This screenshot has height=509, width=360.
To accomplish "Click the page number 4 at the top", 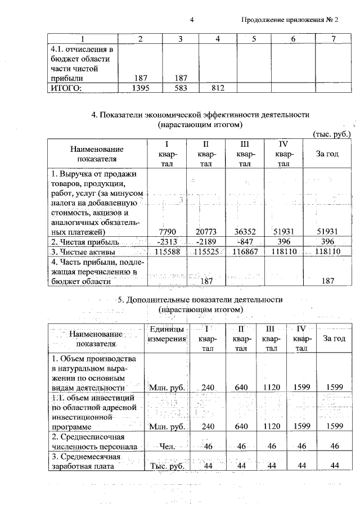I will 192,20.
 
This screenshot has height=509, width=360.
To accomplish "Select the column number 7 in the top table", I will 334,39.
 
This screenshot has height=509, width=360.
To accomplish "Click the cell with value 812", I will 218,88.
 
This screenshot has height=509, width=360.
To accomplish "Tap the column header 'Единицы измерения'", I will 166,334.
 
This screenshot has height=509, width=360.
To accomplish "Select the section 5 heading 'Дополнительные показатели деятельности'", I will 200,299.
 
